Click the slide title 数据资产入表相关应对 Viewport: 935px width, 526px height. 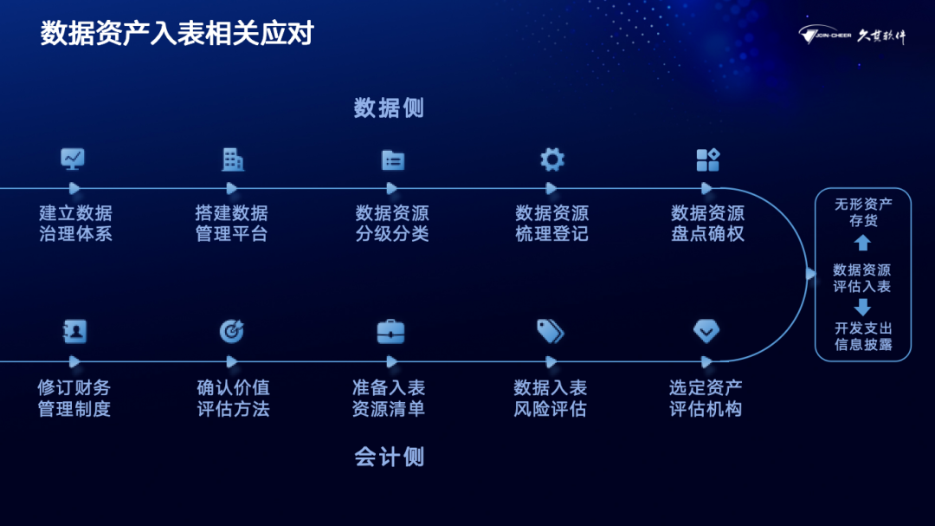[177, 34]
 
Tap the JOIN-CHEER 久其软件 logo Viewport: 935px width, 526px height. [852, 36]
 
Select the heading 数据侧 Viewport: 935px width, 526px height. [389, 108]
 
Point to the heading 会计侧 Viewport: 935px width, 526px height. [389, 457]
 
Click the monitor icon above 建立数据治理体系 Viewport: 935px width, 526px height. [73, 159]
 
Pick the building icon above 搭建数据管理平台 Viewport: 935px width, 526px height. [233, 160]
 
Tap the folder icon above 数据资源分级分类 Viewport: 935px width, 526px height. [393, 160]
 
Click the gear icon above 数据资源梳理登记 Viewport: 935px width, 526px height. [552, 160]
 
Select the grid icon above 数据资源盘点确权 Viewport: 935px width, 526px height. [708, 160]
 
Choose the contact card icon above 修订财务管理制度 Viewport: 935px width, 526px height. [74, 331]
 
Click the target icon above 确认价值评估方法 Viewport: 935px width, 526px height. [232, 331]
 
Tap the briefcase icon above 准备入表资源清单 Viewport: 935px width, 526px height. [390, 332]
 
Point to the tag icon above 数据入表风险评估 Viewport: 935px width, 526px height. [551, 331]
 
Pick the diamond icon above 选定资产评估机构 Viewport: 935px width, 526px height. [706, 331]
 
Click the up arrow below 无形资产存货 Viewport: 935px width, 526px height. [862, 243]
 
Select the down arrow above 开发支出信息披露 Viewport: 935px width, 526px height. [862, 307]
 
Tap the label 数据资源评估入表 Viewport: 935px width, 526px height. [862, 278]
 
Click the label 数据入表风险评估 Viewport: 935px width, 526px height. [551, 399]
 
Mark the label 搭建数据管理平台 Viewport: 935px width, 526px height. [232, 224]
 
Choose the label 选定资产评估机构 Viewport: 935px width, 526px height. [706, 399]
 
